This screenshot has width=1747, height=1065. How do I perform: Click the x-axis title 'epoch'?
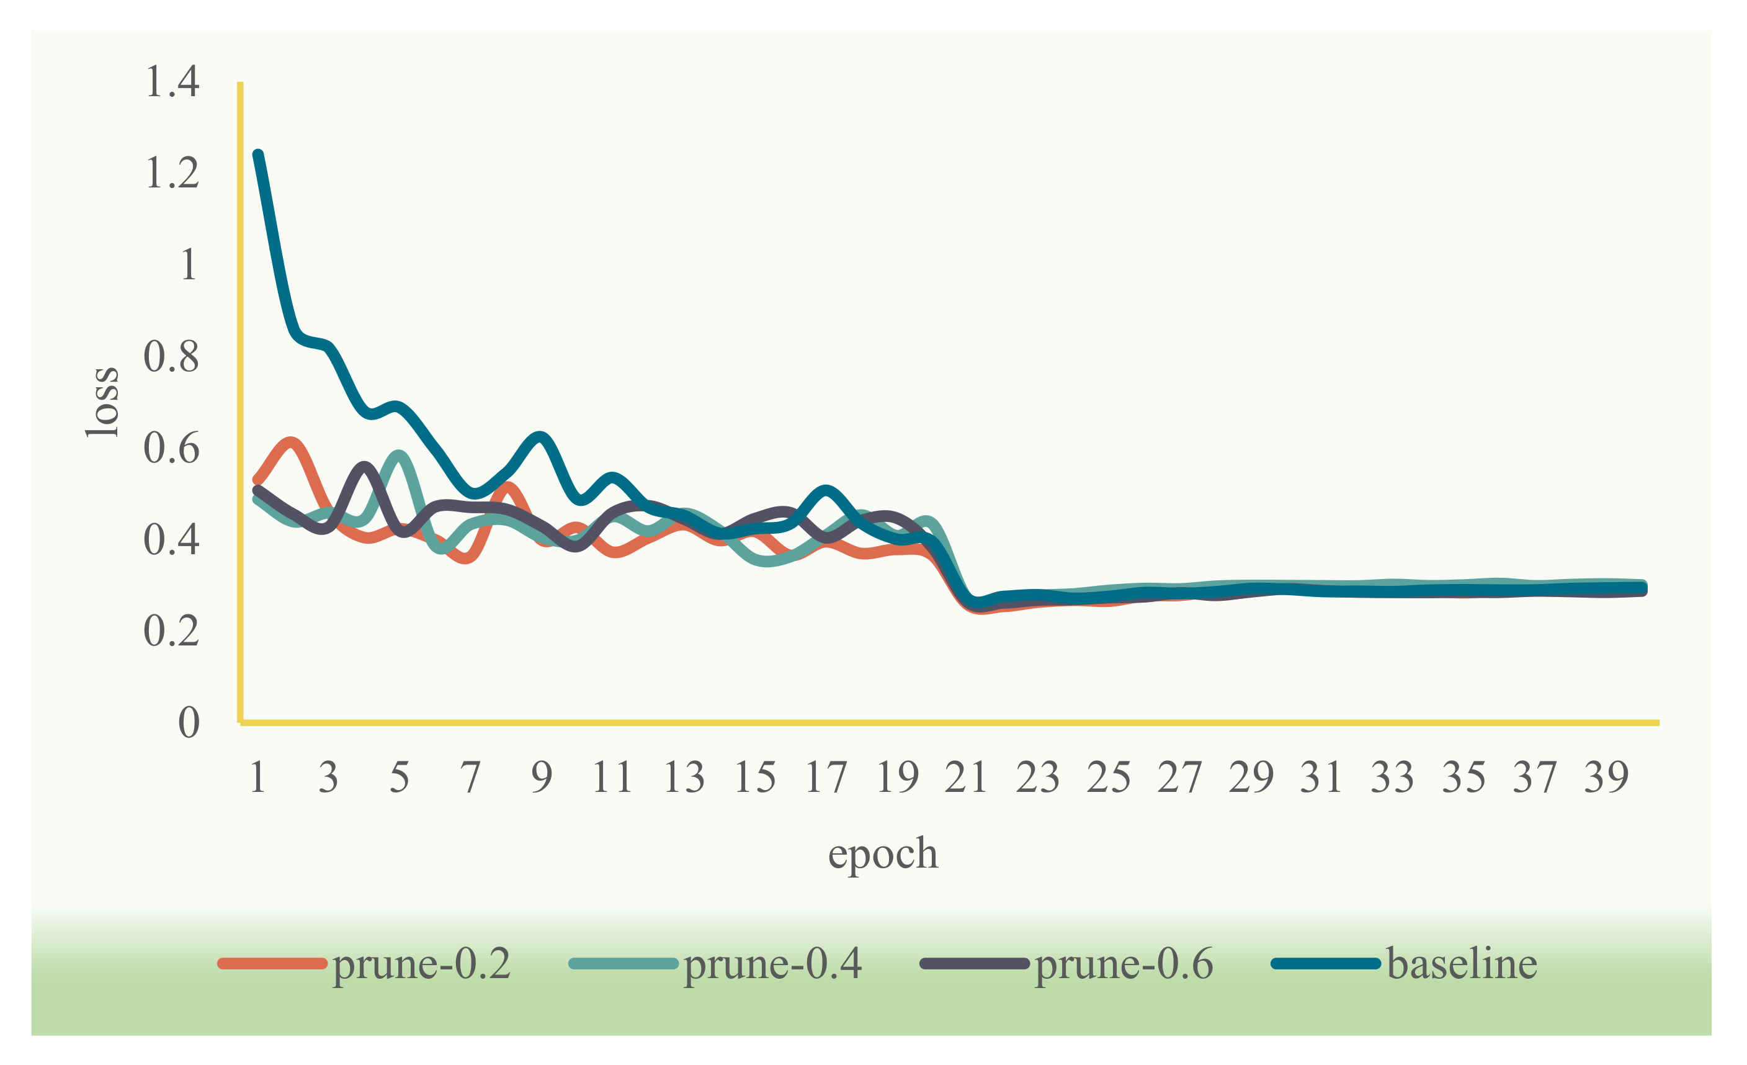click(x=883, y=853)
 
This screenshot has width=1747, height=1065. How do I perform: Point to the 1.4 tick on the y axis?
click(x=172, y=81)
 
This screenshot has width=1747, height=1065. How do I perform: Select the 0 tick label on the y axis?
click(x=189, y=723)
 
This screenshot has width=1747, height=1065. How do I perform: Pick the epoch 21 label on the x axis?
click(x=967, y=777)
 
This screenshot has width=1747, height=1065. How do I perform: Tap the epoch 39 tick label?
click(x=1606, y=777)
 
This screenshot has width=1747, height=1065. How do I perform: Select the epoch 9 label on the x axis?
click(x=542, y=777)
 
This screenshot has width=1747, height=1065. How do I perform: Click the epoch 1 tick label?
click(x=258, y=777)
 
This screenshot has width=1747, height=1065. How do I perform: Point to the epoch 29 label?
click(x=1251, y=777)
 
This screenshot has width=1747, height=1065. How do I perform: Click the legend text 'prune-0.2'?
click(x=422, y=964)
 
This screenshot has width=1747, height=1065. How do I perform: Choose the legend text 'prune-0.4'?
click(x=773, y=964)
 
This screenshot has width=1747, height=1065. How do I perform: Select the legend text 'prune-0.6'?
click(x=1124, y=964)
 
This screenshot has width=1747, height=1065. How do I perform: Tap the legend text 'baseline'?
click(x=1462, y=964)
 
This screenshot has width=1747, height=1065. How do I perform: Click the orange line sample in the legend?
click(x=273, y=964)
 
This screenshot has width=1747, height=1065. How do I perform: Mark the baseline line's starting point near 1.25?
click(x=259, y=155)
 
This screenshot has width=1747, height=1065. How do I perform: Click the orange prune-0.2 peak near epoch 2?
click(x=292, y=444)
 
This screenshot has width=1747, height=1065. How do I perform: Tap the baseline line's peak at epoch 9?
click(x=541, y=438)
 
